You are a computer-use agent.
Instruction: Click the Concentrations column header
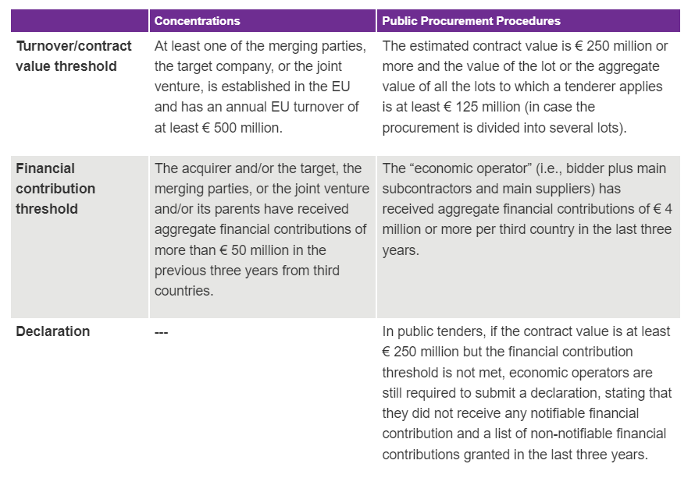coord(197,21)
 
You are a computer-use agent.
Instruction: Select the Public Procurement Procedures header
coord(471,21)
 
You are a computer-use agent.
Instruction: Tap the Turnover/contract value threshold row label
coord(73,56)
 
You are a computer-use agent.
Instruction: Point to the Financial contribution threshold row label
coord(55,189)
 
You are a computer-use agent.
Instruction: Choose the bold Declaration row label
coord(52,331)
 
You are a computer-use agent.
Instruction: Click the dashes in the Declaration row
coord(162,332)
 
